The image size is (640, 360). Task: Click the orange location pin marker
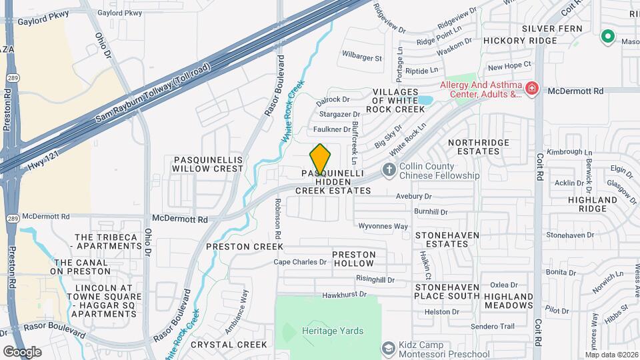[320, 159]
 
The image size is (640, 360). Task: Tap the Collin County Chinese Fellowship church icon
[389, 171]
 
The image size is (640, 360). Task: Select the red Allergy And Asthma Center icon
[531, 89]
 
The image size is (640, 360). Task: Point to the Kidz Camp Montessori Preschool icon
[389, 348]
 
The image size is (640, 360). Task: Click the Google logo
[22, 351]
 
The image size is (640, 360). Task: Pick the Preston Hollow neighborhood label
[354, 259]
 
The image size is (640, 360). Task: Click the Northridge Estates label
[473, 147]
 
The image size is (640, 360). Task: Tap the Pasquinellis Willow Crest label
[208, 164]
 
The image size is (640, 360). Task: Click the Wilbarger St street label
[361, 58]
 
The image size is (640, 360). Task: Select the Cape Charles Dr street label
[301, 262]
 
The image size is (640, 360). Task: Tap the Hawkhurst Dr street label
[344, 294]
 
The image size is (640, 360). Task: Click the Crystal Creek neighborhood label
[229, 344]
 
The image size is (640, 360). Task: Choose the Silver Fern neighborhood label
[552, 29]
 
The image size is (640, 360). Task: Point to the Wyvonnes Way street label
[383, 226]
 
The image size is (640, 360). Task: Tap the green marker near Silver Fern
[607, 37]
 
